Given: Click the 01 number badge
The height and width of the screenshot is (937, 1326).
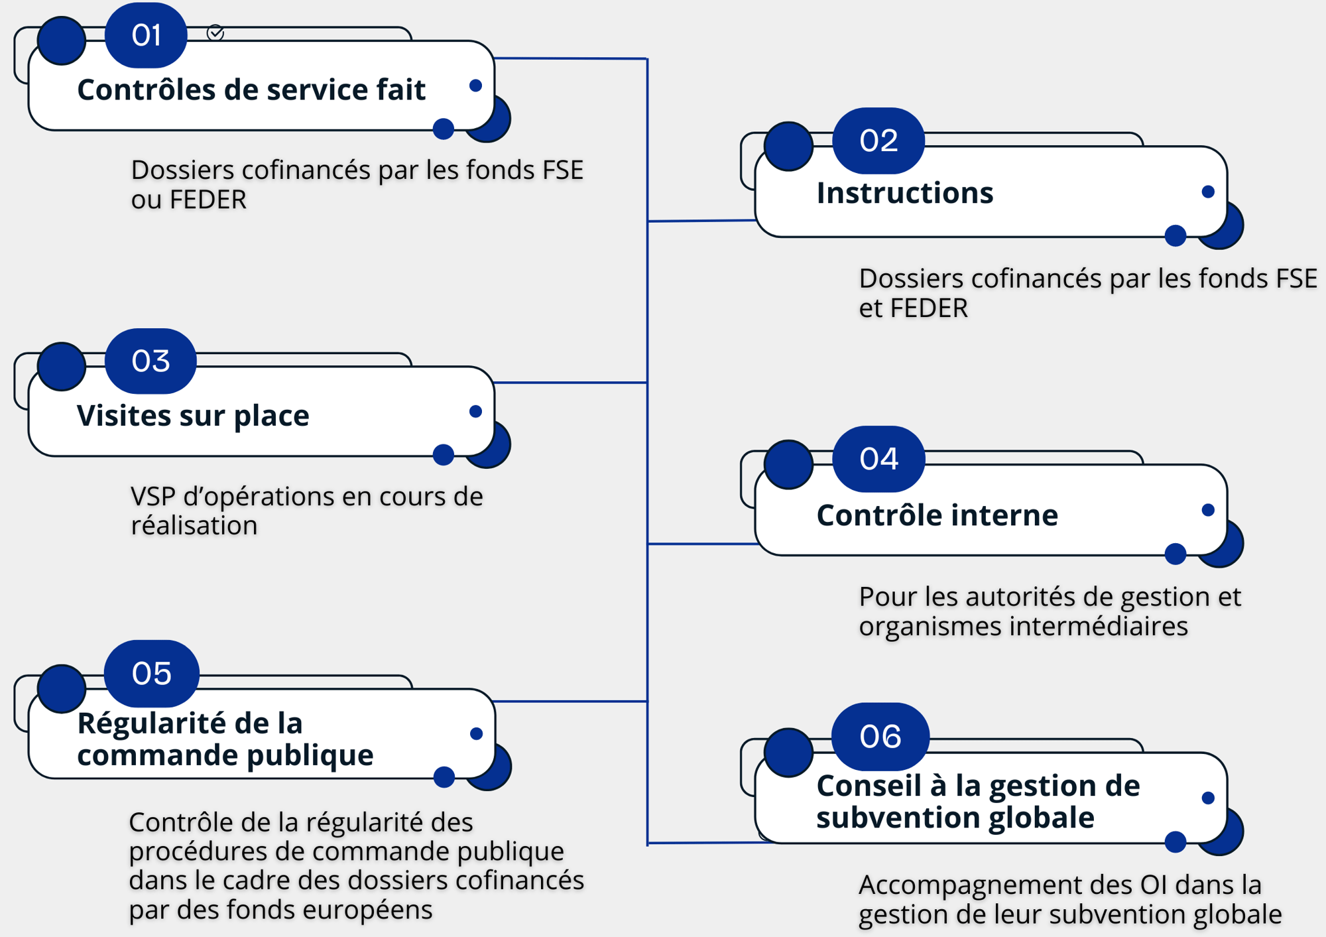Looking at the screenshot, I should [146, 35].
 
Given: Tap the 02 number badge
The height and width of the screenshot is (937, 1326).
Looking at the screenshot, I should [878, 141].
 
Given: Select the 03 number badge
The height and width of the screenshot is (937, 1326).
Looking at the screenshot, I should [151, 361].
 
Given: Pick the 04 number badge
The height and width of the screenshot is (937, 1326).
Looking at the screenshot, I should [878, 459].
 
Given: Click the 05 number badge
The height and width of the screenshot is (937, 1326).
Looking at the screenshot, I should [151, 673].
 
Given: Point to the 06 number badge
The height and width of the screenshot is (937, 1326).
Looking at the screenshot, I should [880, 736].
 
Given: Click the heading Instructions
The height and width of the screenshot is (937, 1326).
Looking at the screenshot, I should [904, 193].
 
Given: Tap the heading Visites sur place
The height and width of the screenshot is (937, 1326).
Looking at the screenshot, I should [192, 416].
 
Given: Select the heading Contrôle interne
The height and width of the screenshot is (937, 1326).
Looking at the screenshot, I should [937, 515].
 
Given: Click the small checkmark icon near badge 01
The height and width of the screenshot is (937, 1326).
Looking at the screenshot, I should [215, 32].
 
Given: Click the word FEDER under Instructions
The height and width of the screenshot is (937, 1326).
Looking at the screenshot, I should [929, 308].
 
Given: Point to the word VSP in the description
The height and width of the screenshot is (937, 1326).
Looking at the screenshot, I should [153, 496].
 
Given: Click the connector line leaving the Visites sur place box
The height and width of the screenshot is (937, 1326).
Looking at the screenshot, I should [570, 383].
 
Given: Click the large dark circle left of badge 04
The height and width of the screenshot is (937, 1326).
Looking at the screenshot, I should [788, 464].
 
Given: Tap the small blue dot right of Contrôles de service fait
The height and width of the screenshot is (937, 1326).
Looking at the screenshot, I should [475, 86].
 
